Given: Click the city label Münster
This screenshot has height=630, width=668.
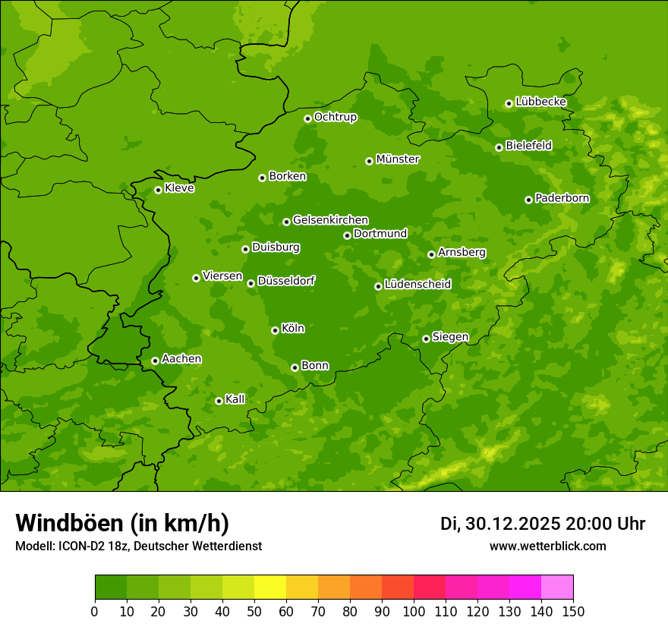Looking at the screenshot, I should click(398, 159).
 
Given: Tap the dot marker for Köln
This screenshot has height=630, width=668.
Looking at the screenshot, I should click(275, 330).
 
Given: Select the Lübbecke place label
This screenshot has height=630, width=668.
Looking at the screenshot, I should click(540, 102).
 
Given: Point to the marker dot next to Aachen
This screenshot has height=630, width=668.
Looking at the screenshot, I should click(155, 361).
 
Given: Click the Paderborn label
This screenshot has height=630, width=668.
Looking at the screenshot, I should click(562, 198).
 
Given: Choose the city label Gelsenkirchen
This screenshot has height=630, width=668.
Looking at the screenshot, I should click(330, 220).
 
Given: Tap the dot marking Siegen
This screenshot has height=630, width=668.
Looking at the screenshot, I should click(426, 339).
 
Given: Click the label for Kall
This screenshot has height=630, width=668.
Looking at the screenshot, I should click(235, 399).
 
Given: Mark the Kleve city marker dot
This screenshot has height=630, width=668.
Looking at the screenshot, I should click(158, 190).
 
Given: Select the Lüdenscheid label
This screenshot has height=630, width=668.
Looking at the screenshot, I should click(417, 285).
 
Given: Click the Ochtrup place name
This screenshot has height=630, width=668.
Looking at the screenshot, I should click(336, 117).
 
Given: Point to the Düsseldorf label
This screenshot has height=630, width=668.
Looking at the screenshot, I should click(286, 281).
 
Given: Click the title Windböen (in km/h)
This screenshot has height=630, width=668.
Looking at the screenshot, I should click(122, 523).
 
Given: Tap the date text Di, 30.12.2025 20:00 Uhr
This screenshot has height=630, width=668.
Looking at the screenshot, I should click(543, 524).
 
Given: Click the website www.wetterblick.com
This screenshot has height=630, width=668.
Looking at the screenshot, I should click(548, 546).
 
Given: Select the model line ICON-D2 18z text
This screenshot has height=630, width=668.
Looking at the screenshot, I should click(138, 546).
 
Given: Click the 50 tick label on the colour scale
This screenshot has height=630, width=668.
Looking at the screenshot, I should click(254, 611).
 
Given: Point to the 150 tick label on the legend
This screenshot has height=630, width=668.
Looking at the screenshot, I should click(573, 611).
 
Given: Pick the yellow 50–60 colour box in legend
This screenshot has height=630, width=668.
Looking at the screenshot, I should click(270, 587).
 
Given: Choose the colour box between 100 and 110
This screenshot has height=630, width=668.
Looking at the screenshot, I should click(430, 587).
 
